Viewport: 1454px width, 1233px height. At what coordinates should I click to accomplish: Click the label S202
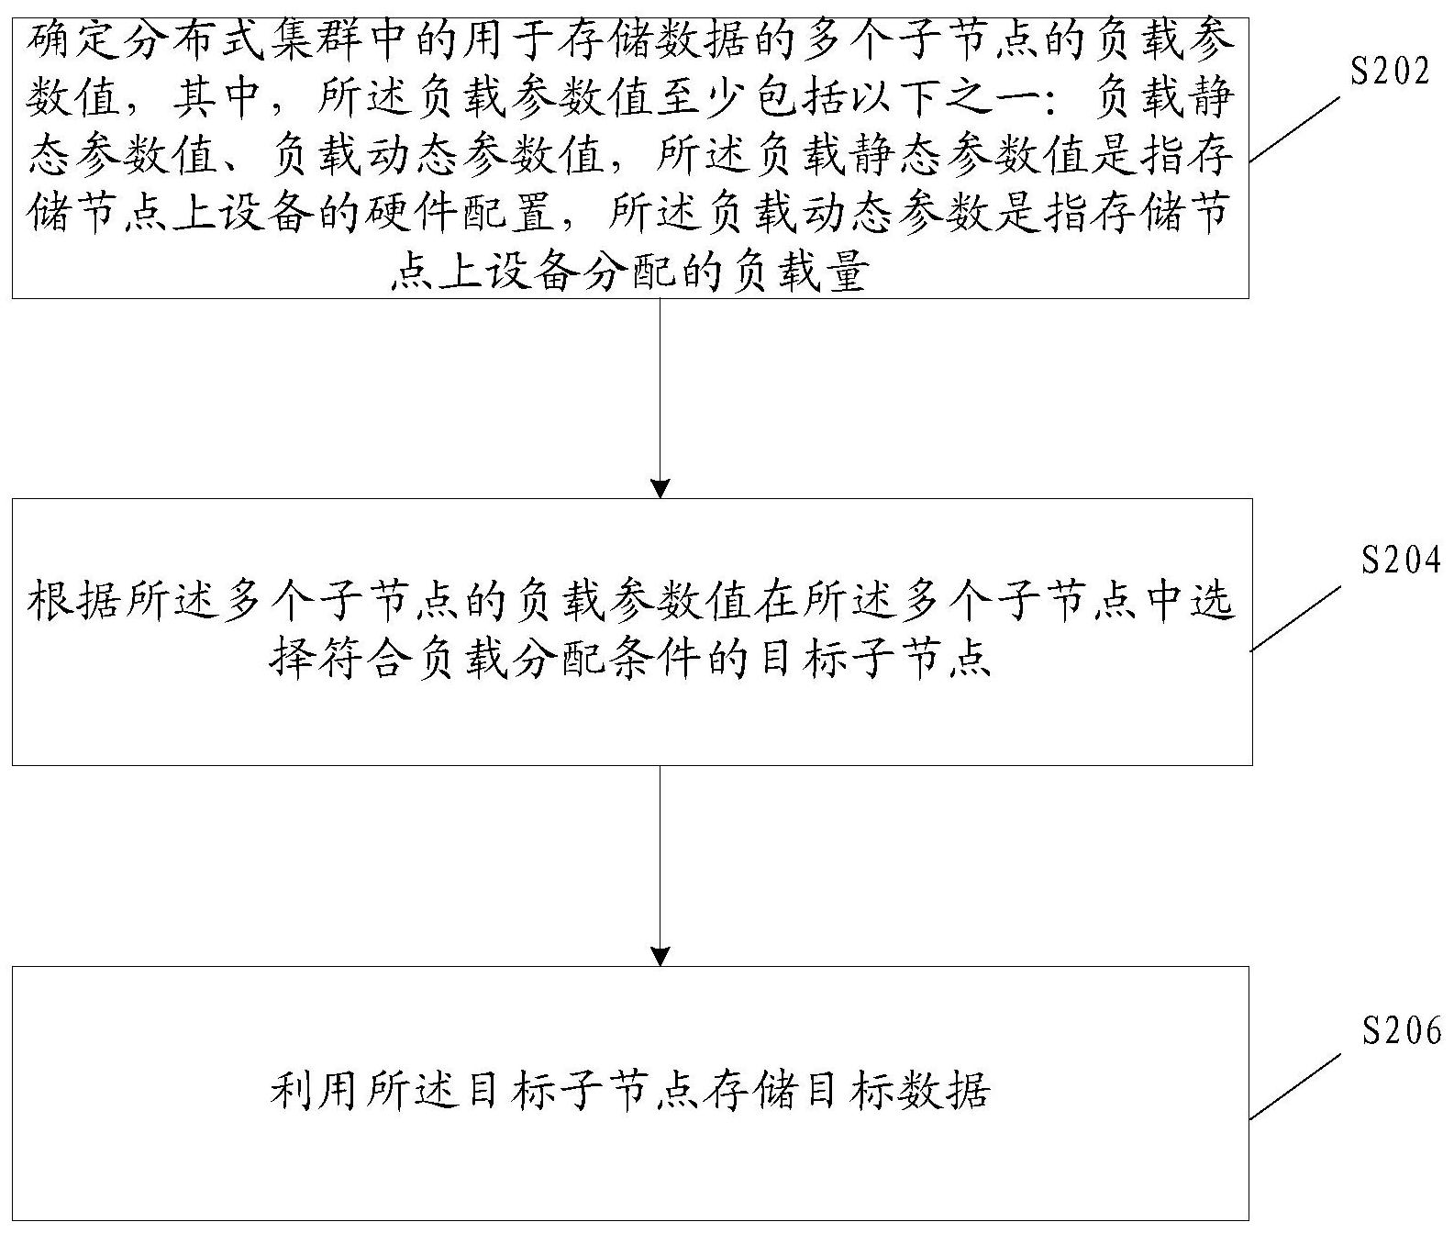pos(1390,71)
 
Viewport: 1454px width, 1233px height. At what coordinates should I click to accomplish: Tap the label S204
pos(1401,559)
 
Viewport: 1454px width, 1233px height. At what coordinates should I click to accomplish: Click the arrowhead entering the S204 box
pos(660,487)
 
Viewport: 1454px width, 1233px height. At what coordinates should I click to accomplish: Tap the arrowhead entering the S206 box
pos(660,955)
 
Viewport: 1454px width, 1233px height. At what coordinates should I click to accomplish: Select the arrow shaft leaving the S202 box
pos(660,385)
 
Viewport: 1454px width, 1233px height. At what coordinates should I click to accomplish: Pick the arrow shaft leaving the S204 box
pos(660,853)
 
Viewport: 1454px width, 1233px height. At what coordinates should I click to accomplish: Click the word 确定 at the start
pos(73,40)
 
